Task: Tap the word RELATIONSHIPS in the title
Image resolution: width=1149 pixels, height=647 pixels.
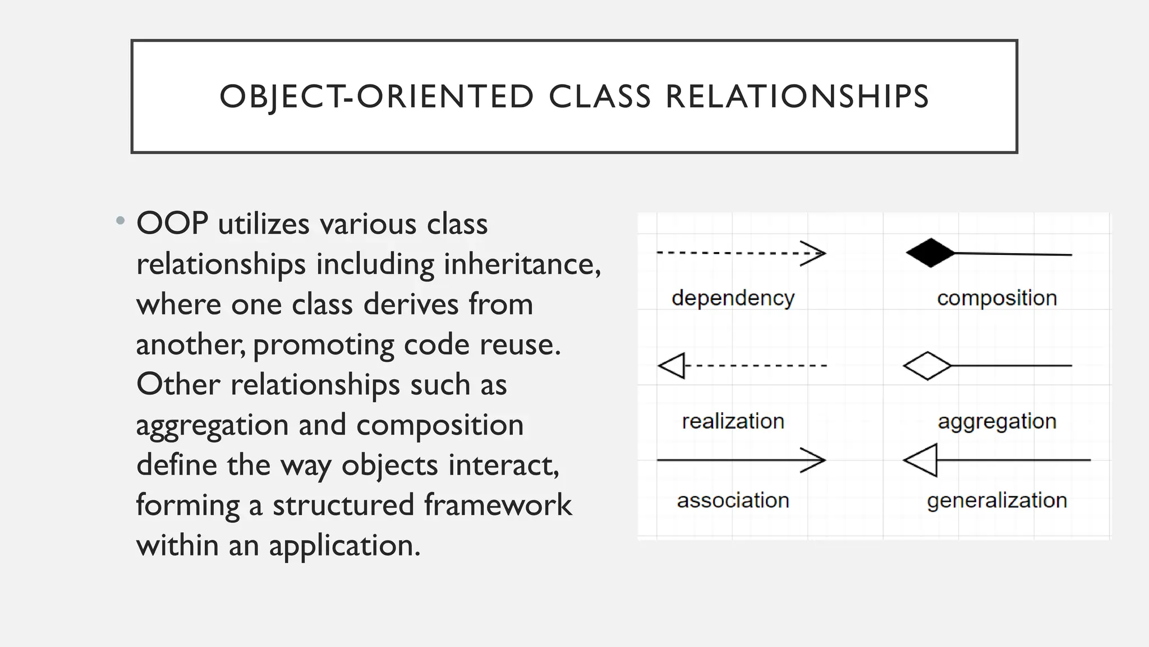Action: pos(797,97)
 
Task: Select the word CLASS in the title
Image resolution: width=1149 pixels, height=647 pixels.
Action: pos(600,97)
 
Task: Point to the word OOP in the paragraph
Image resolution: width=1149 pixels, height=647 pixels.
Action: pos(172,224)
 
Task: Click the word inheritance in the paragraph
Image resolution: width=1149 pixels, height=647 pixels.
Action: pos(522,264)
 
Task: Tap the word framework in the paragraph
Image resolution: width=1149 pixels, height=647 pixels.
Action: pos(498,504)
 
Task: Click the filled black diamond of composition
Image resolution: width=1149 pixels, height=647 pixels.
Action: pos(930,253)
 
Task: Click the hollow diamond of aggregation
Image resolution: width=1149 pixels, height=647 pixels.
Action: pos(927,366)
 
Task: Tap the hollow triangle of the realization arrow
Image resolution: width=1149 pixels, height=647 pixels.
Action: pos(672,366)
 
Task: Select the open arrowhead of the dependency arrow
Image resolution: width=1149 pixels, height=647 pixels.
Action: pos(814,253)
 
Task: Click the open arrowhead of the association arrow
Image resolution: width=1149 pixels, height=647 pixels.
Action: pos(814,460)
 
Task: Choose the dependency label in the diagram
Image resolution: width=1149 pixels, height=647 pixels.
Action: pos(733,298)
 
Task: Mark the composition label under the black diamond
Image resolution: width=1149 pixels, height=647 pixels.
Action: pos(996,298)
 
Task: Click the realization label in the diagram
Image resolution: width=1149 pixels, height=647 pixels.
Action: pos(733,421)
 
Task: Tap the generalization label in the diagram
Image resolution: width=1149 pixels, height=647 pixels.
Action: pos(996,500)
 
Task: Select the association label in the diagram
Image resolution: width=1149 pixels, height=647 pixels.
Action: pos(733,500)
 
